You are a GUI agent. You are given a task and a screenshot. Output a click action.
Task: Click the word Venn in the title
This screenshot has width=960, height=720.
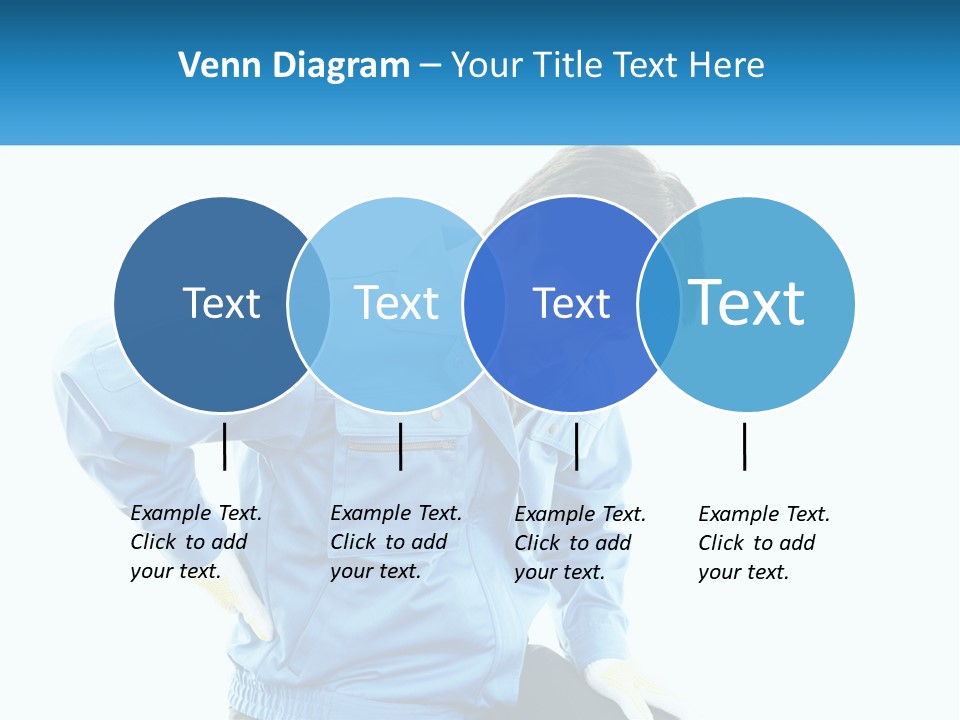(211, 66)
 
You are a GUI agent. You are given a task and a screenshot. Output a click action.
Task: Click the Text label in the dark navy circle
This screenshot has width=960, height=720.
(221, 303)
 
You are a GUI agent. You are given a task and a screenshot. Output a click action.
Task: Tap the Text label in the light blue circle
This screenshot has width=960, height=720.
(396, 303)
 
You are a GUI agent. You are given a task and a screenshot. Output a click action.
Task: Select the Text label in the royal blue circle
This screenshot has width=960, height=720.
(571, 304)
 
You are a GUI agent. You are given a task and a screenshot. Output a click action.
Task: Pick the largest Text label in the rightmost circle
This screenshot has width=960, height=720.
(747, 303)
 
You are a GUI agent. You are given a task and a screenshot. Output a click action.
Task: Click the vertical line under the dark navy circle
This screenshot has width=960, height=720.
(224, 446)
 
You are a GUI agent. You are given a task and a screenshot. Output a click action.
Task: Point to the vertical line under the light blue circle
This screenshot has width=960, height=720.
(400, 446)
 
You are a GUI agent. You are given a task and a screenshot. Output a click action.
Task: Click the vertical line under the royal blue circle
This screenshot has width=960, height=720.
(576, 446)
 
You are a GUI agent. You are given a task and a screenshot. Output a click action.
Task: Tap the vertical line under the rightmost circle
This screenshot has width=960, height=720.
(744, 446)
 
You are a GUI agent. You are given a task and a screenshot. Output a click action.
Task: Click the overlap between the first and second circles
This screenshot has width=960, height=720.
(309, 304)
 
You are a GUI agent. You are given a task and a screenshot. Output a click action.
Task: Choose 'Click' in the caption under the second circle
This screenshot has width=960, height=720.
(352, 542)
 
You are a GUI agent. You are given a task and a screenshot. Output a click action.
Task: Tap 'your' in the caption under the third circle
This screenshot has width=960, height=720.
(535, 572)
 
